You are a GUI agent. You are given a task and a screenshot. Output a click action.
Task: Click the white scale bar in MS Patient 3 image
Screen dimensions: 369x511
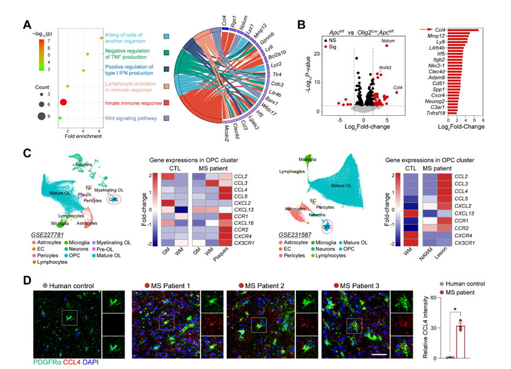(379, 355)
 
